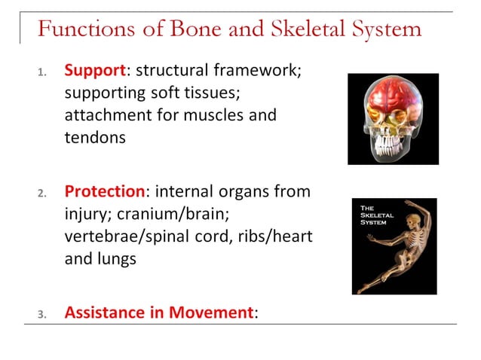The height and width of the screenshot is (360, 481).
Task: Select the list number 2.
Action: coord(42,194)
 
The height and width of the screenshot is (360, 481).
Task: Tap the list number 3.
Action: coord(42,313)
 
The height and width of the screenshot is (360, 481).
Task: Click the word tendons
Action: coord(94,139)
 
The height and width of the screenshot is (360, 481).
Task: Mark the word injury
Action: coord(84,214)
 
